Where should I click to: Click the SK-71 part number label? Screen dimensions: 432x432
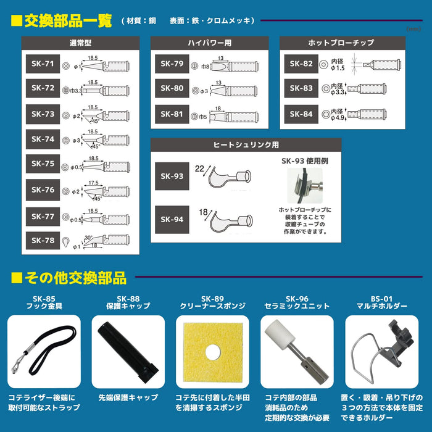point(42,64)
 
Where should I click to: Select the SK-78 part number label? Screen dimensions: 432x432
point(42,240)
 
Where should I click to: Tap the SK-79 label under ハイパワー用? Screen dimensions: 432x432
point(172,64)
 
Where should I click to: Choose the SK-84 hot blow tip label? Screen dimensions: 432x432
point(301,114)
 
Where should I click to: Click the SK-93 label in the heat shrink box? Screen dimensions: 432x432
point(172,177)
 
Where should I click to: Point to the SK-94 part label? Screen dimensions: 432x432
point(172,219)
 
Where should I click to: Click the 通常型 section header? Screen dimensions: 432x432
point(80,43)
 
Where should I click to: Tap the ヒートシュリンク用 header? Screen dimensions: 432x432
point(246,145)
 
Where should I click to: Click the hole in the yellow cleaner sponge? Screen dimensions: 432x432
point(212,353)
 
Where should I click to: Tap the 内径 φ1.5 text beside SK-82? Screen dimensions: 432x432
point(337,64)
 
